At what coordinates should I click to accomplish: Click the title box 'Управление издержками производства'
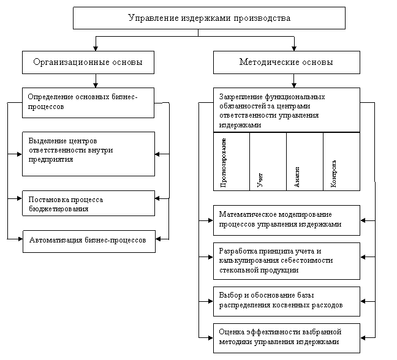click(209, 18)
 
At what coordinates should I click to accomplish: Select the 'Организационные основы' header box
click(88, 62)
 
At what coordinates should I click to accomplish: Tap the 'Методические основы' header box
click(286, 62)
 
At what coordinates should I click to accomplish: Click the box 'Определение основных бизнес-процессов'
click(88, 102)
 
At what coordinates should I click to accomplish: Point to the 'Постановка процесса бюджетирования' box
click(88, 203)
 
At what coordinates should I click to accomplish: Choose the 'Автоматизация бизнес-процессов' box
click(88, 241)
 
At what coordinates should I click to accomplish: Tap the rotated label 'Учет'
click(260, 179)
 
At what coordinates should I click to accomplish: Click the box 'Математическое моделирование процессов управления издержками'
click(286, 219)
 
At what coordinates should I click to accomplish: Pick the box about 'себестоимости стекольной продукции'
click(286, 260)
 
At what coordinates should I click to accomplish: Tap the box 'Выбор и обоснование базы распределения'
click(286, 300)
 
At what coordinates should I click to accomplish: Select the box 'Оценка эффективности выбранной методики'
click(286, 337)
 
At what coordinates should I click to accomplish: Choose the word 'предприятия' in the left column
click(51, 159)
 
